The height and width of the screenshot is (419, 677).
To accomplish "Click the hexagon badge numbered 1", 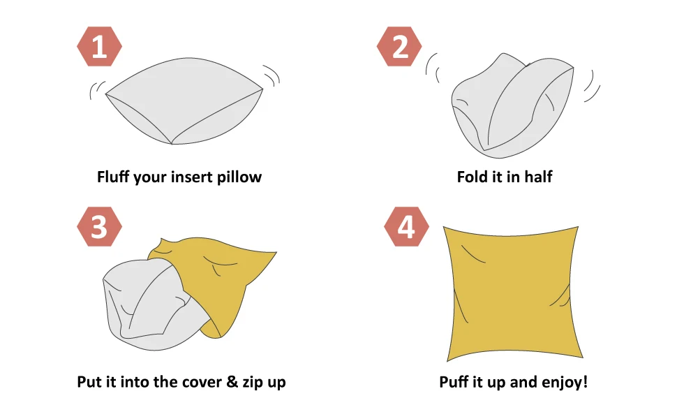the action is pyautogui.click(x=99, y=47).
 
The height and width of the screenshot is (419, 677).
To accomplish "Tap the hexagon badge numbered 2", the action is pyautogui.click(x=399, y=47).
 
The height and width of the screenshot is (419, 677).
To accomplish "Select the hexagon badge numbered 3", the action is pyautogui.click(x=99, y=227).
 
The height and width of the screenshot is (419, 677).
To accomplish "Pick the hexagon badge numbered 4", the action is pyautogui.click(x=407, y=227).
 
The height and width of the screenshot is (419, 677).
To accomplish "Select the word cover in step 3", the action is pyautogui.click(x=201, y=382).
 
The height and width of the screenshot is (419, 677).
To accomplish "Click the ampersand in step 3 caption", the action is pyautogui.click(x=232, y=382).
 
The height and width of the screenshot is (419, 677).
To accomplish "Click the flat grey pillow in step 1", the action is pyautogui.click(x=184, y=101).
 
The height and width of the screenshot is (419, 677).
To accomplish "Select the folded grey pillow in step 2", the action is pyautogui.click(x=512, y=106).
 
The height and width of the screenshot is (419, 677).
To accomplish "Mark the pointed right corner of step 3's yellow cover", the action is pyautogui.click(x=276, y=252).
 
